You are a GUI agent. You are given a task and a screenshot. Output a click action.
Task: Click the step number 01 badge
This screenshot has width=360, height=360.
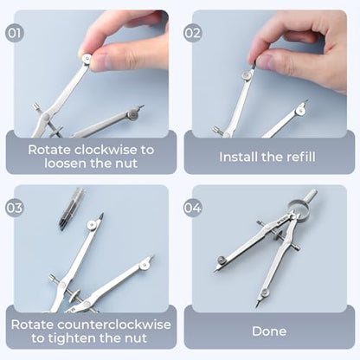(x=15, y=33)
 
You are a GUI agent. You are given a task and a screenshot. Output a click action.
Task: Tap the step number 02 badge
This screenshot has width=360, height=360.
(x=193, y=33)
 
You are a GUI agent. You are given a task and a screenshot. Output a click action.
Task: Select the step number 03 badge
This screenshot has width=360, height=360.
(x=15, y=208)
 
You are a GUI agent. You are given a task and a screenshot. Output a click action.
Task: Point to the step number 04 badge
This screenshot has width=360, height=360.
(x=193, y=208)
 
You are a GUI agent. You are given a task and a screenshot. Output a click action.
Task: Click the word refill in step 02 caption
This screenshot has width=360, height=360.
(x=301, y=157)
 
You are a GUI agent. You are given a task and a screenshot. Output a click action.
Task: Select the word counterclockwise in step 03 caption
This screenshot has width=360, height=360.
(x=113, y=325)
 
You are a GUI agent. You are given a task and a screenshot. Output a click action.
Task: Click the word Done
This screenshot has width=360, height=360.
(x=269, y=331)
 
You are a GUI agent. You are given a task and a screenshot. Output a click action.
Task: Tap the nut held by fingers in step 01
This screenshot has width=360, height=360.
(x=87, y=59)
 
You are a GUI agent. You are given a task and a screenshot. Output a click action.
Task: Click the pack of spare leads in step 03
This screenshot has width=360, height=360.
(x=71, y=209)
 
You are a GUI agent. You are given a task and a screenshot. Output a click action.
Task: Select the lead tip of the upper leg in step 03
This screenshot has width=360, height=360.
(x=101, y=216)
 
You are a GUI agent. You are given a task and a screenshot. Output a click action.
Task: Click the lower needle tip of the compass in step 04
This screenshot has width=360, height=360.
(x=257, y=305)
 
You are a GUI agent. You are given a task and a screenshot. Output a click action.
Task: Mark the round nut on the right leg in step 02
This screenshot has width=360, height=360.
(x=301, y=110)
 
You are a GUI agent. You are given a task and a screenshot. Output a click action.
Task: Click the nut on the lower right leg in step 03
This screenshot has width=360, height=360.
(x=145, y=265)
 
